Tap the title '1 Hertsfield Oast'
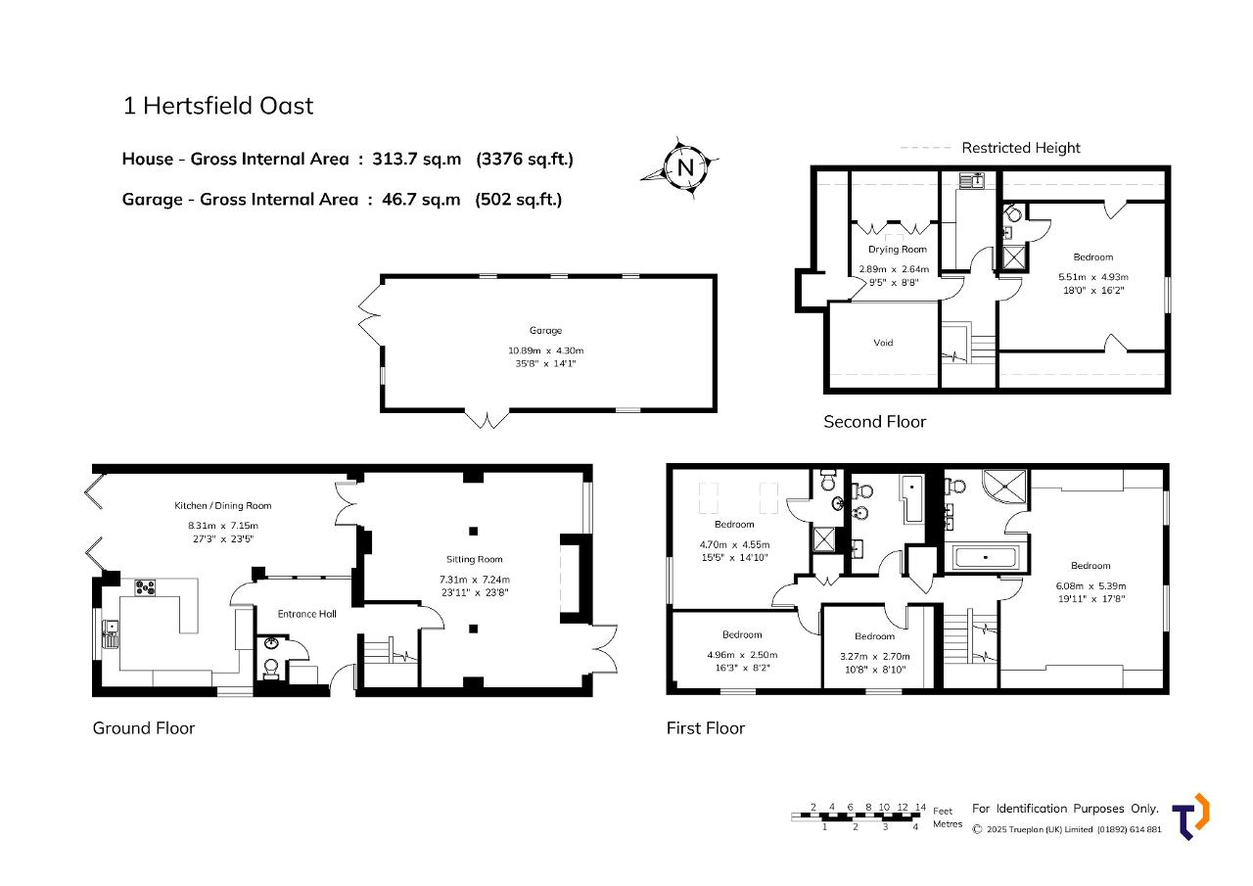tap(217, 106)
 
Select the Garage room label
tap(545, 331)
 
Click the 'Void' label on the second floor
tap(883, 343)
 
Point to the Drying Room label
tap(898, 250)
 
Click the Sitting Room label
tap(475, 559)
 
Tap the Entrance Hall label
tap(307, 614)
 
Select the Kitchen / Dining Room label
tap(222, 505)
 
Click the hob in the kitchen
tap(145, 587)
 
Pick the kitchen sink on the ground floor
tap(111, 633)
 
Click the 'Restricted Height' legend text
tap(1021, 148)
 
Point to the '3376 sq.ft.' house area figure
tap(525, 160)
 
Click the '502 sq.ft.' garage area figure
tap(519, 200)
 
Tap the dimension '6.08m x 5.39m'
tap(1091, 585)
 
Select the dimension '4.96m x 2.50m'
tap(742, 654)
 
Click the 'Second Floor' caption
tap(875, 422)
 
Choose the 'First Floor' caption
tap(706, 727)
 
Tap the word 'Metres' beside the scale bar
tap(948, 824)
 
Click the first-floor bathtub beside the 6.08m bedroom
tap(986, 558)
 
